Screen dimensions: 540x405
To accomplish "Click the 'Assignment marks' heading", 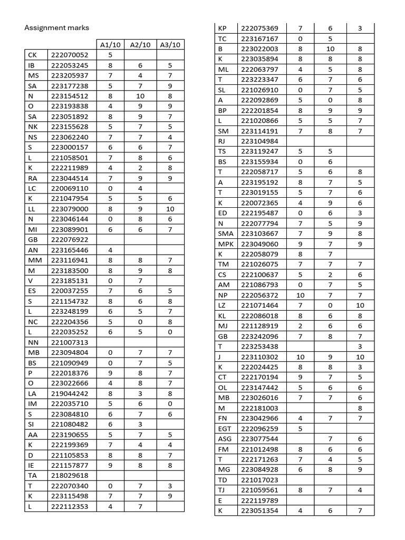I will coord(57,27).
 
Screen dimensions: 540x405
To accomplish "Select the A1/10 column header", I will coord(111,45).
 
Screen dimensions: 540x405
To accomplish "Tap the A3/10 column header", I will coord(170,45).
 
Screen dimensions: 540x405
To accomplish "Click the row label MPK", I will coord(226,244).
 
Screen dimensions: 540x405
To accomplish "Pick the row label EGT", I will coord(225,429).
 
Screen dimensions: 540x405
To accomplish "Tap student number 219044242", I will coord(70,393).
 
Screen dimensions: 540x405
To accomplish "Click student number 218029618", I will coord(70,475).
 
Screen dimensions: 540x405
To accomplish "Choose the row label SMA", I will coord(226,234).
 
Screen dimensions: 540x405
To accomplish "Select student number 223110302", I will coord(259,357).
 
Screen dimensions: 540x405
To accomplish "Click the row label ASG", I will coord(225,439).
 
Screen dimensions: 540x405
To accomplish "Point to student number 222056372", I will coord(259,295).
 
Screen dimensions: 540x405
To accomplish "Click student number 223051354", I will coord(259,510).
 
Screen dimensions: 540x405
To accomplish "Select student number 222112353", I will coord(70,506).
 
